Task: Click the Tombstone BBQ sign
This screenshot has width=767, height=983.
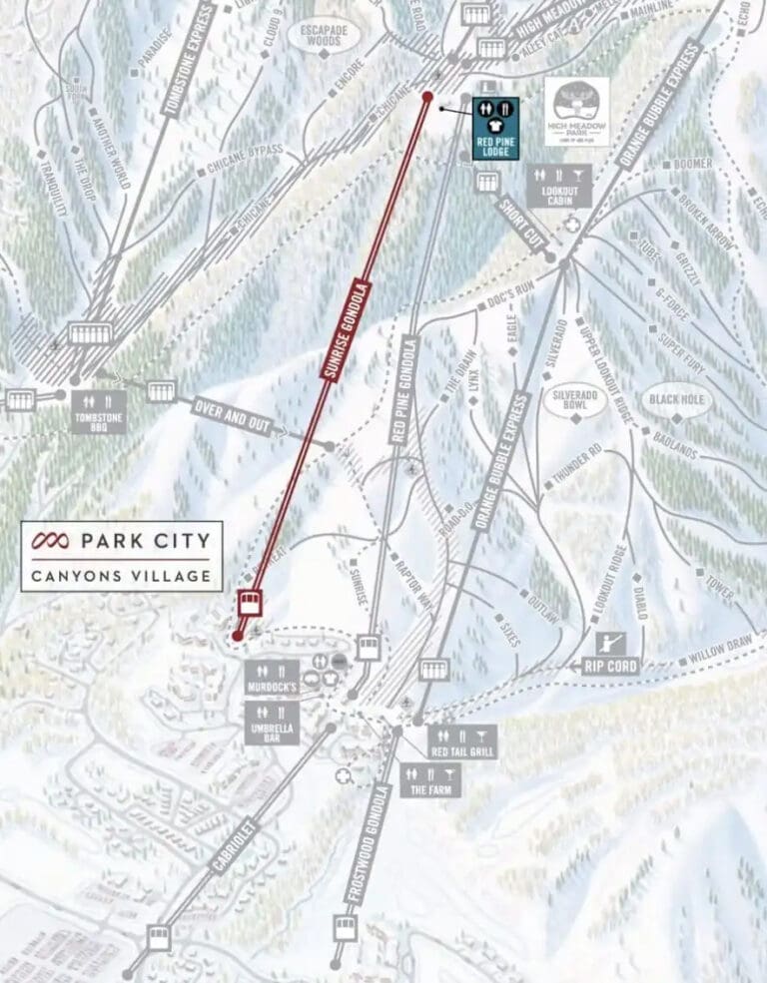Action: pos(98,410)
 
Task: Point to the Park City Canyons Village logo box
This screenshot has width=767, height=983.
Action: pos(121,555)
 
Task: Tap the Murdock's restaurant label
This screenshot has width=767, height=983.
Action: pos(270,681)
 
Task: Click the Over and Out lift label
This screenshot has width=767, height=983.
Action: pos(233,415)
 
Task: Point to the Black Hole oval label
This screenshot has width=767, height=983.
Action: pos(678,399)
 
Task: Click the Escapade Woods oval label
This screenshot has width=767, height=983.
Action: pos(321,35)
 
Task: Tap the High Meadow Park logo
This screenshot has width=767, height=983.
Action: pos(576,112)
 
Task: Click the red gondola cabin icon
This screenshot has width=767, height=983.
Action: pos(250,603)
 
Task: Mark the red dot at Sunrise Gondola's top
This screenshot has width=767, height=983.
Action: pos(427,97)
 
